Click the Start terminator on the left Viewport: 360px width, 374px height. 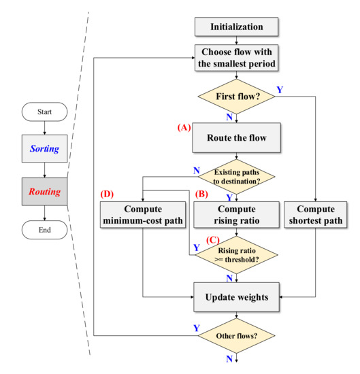point(44,111)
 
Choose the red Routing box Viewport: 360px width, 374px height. point(44,192)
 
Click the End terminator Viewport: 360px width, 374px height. point(44,231)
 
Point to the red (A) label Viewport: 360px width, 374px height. point(183,126)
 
